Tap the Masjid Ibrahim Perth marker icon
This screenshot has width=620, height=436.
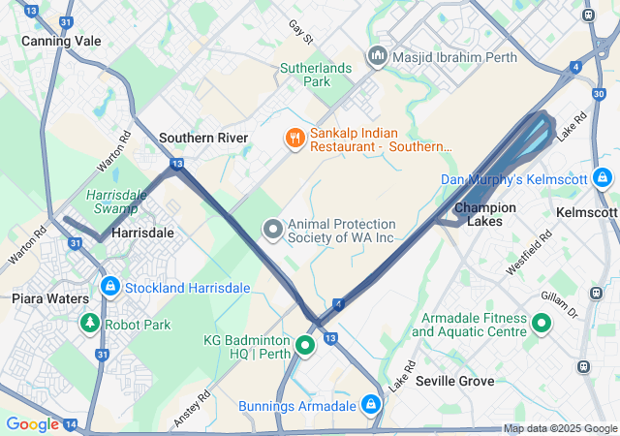377,58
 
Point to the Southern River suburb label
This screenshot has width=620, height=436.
203,138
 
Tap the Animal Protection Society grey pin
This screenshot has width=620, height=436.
273,230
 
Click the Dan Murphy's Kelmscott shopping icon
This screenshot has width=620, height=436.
603,178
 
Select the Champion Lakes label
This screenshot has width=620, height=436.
484,214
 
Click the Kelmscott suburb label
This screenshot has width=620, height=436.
588,211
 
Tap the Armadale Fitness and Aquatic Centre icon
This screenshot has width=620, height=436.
541,324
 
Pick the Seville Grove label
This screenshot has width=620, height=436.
455,382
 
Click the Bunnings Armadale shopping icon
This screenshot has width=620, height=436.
370,404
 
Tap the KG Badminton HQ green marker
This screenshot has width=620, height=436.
306,345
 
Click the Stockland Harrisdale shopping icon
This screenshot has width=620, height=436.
110,287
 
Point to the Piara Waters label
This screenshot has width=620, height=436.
50,298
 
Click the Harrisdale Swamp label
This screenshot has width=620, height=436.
116,200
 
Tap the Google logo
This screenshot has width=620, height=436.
32,424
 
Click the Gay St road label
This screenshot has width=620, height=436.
301,33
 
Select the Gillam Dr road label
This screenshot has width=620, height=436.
566,306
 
